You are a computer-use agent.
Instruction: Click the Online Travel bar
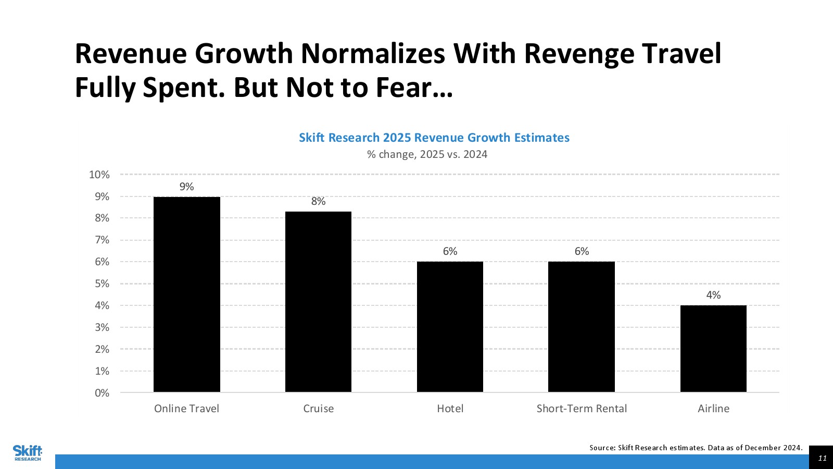pyautogui.click(x=186, y=294)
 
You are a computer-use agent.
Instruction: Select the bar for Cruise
pyautogui.click(x=318, y=302)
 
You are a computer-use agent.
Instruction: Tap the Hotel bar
pyautogui.click(x=450, y=327)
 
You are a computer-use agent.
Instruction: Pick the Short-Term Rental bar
pyautogui.click(x=582, y=327)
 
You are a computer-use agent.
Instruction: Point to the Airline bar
pyautogui.click(x=713, y=349)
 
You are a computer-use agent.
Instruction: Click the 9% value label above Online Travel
pyautogui.click(x=186, y=187)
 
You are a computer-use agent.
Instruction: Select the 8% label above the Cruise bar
pyautogui.click(x=318, y=201)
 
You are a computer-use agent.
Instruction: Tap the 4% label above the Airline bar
pyautogui.click(x=713, y=295)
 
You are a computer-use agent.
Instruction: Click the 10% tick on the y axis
pyautogui.click(x=99, y=175)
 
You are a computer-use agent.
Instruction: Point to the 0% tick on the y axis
pyautogui.click(x=102, y=393)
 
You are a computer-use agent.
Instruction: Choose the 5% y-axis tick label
pyautogui.click(x=102, y=283)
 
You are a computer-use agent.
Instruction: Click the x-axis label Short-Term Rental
pyautogui.click(x=582, y=409)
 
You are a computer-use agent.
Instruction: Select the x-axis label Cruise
pyautogui.click(x=318, y=409)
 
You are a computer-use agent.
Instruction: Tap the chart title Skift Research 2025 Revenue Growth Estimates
pyautogui.click(x=434, y=138)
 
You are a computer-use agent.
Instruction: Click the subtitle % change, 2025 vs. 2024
pyautogui.click(x=427, y=154)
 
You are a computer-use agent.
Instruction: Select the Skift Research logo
pyautogui.click(x=28, y=452)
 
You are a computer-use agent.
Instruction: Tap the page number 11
pyautogui.click(x=822, y=458)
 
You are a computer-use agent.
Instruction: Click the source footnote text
pyautogui.click(x=696, y=448)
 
